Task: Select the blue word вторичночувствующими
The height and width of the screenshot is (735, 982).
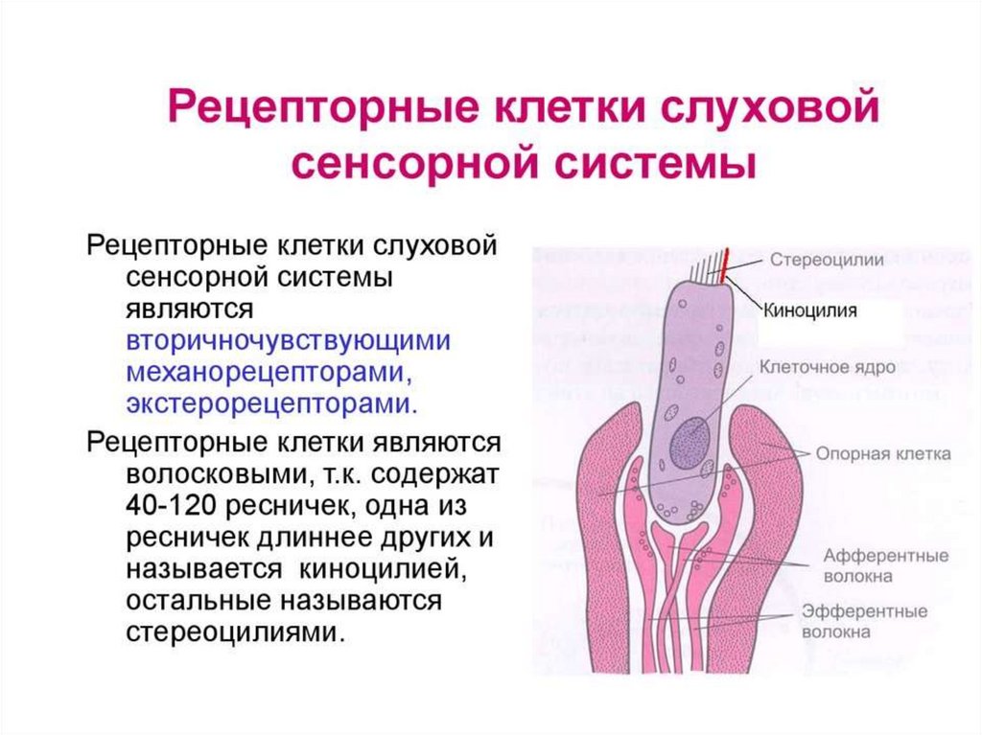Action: coord(288,342)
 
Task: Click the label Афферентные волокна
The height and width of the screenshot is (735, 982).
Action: coord(873,566)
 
